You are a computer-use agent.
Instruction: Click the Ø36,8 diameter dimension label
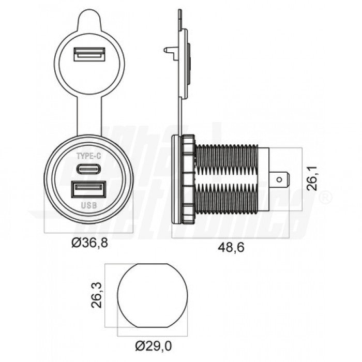90,243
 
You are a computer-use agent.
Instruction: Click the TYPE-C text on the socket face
89,156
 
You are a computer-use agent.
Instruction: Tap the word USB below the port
89,205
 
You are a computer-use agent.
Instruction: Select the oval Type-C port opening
89,169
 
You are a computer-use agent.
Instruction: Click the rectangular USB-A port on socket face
89,189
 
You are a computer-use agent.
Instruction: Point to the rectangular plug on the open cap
89,53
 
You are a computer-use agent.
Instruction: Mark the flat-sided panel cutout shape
152,295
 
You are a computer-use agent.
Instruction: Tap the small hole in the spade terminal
280,180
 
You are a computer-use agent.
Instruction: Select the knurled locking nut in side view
187,179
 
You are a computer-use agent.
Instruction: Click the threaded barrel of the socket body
227,179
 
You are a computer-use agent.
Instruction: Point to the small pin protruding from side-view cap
170,51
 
